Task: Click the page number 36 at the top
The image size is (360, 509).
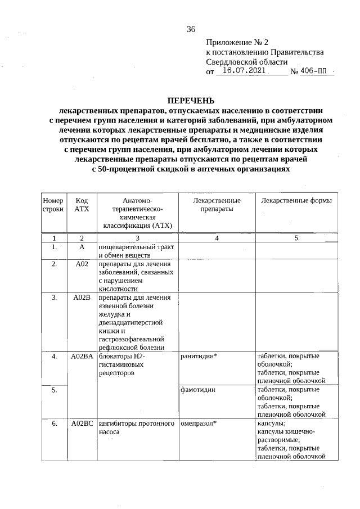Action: [191, 30]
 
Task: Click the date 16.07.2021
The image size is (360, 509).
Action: [244, 72]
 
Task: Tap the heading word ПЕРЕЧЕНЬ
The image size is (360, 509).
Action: [191, 101]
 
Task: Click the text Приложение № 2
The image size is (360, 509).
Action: [238, 42]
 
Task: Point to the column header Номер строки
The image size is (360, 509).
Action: [53, 205]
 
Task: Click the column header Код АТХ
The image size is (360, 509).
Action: [82, 205]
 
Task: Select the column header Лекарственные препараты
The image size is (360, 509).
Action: [217, 205]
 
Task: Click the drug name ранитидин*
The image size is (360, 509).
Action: [199, 357]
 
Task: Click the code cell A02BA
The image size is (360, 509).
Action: [82, 357]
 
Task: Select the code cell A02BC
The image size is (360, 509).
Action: [82, 424]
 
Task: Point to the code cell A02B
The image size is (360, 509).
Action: [82, 298]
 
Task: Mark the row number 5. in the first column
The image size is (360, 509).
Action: [53, 389]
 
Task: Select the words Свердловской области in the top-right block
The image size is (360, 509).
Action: [247, 62]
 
